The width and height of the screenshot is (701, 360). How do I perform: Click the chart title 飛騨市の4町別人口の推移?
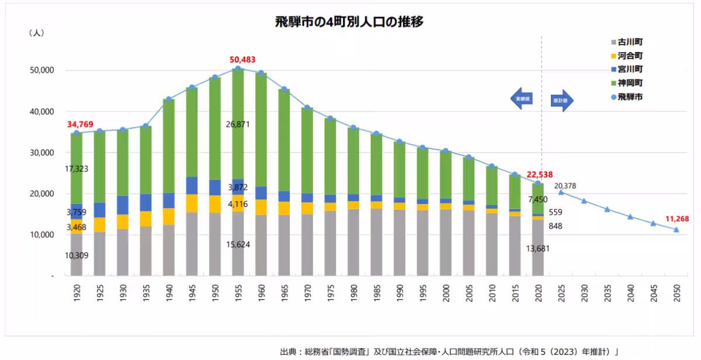click(x=349, y=22)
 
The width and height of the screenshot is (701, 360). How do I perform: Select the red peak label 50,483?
click(x=242, y=60)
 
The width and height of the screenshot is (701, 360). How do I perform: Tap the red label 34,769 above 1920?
click(x=85, y=123)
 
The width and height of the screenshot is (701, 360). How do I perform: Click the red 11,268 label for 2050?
click(x=677, y=219)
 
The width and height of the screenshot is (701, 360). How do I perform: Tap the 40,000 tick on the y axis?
click(x=42, y=112)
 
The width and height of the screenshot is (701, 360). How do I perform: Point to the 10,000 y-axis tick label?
click(x=42, y=235)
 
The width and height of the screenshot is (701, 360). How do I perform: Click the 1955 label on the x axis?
click(x=238, y=292)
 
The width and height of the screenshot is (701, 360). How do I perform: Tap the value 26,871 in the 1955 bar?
click(x=238, y=124)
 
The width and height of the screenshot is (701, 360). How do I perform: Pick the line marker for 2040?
click(x=630, y=217)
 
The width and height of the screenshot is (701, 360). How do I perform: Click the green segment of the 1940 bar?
click(x=169, y=146)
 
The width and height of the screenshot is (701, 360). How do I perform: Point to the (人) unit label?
click(x=37, y=33)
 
